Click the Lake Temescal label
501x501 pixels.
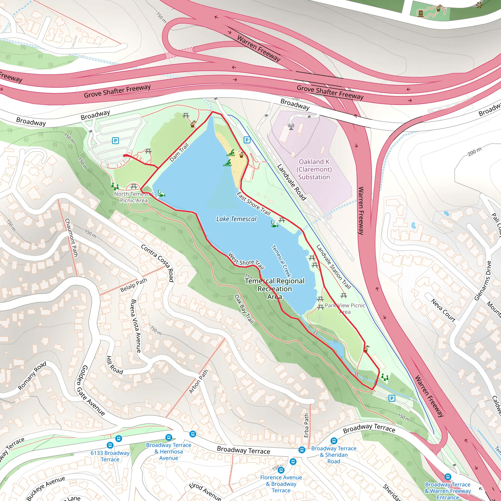coord(236,219)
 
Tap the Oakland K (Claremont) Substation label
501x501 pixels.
coord(314,169)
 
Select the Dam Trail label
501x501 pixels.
coord(179,152)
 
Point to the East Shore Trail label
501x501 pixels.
coord(254,204)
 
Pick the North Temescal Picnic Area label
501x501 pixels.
coord(134,197)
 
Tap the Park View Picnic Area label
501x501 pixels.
coord(345,308)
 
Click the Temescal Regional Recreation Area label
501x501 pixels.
coord(275,289)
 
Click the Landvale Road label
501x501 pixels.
coord(292,182)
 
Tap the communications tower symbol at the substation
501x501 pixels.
coord(291,127)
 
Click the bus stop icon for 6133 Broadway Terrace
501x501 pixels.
coord(110,445)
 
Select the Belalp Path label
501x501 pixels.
coord(134,285)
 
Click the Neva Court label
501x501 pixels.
coord(443,310)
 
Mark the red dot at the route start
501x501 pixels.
coord(125,156)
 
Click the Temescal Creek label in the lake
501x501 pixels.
coord(281,261)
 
